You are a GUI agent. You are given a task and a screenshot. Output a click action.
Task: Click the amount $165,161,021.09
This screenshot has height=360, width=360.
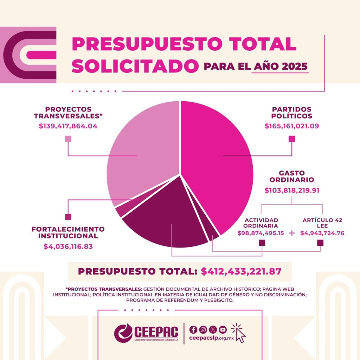(x=292, y=126)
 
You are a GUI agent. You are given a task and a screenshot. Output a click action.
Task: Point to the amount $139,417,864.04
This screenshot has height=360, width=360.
(x=68, y=126)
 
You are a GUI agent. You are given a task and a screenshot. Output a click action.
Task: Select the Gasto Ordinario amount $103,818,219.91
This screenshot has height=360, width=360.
(x=292, y=191)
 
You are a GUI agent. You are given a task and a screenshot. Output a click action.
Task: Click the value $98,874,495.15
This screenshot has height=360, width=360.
(x=261, y=233)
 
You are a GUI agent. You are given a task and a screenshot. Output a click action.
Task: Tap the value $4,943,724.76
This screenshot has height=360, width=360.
(x=322, y=233)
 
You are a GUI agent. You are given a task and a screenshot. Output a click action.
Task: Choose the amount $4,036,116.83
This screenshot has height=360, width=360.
(x=68, y=246)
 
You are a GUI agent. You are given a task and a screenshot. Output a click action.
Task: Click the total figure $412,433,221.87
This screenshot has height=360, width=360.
(x=241, y=271)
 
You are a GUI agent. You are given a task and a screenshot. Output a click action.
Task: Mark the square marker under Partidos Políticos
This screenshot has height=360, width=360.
(x=291, y=139)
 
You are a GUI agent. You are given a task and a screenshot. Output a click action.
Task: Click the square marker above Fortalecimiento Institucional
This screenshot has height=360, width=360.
(x=68, y=217)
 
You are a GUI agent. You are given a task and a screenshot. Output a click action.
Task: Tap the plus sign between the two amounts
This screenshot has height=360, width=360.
(x=291, y=233)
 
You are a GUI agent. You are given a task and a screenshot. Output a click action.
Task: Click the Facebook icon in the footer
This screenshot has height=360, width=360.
(x=193, y=329)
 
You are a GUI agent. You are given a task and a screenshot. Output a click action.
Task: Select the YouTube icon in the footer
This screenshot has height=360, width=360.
(x=223, y=329)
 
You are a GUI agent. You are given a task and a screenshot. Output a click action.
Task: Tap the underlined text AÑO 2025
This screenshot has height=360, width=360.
(x=280, y=66)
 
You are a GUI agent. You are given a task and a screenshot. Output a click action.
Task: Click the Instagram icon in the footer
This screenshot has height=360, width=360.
(x=203, y=329)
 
